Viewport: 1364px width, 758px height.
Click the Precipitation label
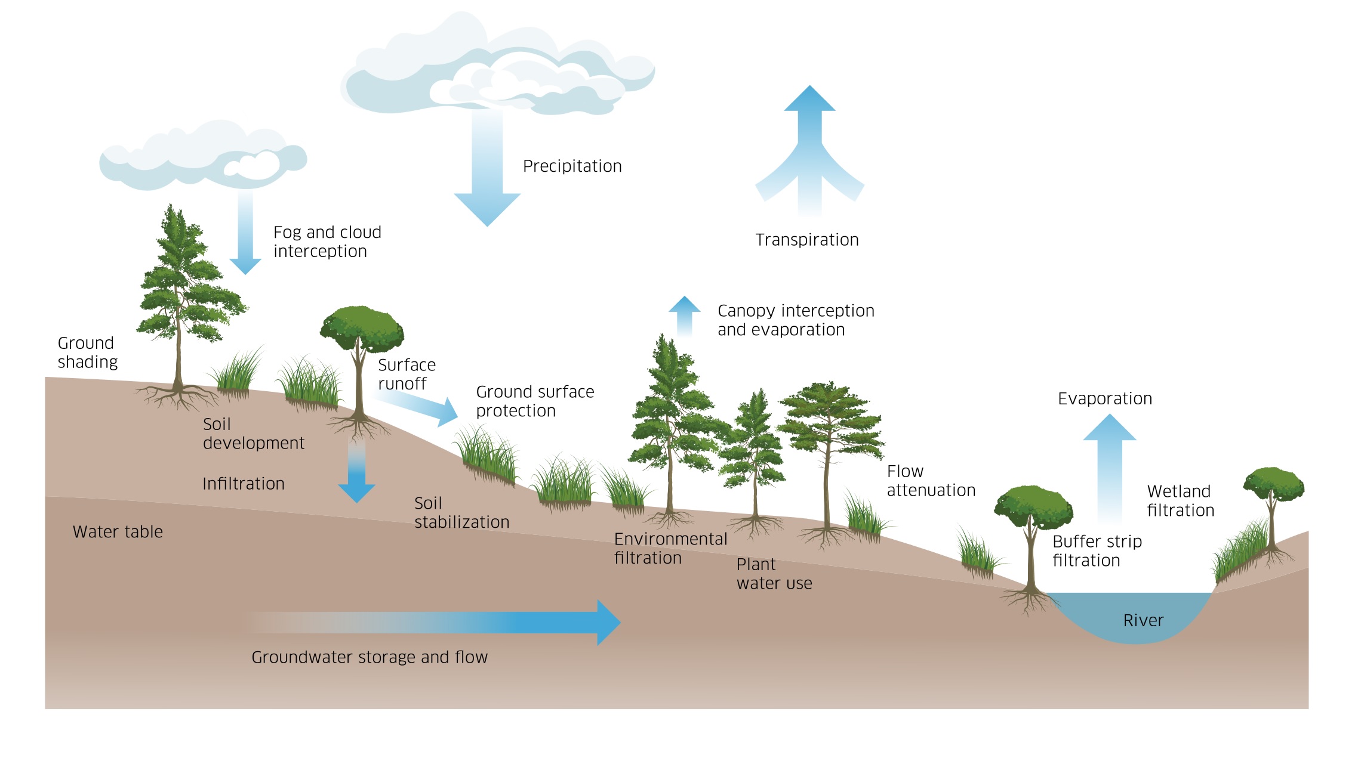[572, 166]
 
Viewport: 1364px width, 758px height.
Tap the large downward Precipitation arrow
[487, 173]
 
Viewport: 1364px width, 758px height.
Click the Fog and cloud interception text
[327, 242]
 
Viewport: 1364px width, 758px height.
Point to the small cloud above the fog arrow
[203, 158]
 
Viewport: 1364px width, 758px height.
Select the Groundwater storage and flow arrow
[478, 622]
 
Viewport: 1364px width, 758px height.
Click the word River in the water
[1143, 620]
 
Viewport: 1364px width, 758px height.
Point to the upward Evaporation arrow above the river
[1109, 465]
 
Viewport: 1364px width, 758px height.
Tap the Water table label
[118, 531]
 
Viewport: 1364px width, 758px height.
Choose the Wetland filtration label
[1180, 501]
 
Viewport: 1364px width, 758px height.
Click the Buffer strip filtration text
[1097, 551]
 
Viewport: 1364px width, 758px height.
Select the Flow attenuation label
[931, 481]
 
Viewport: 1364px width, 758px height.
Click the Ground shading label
[87, 352]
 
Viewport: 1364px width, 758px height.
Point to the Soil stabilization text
[461, 512]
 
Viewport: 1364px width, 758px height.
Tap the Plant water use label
[774, 574]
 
